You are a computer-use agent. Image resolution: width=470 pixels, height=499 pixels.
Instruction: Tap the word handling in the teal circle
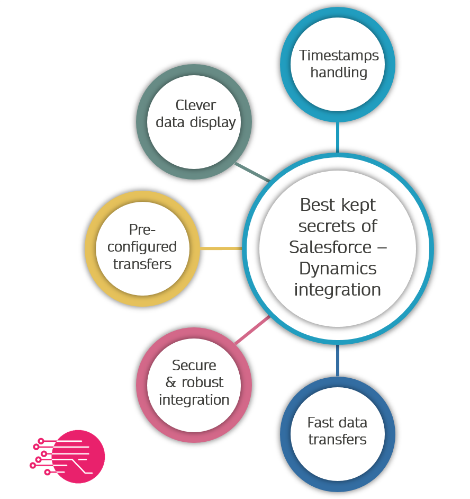(339, 72)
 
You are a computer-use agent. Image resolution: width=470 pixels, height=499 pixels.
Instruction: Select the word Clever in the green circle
(195, 105)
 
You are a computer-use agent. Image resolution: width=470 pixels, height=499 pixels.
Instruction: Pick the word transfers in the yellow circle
(142, 264)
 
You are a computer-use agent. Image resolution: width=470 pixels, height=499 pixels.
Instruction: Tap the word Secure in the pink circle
(194, 365)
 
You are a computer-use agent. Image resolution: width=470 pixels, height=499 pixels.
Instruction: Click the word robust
(202, 382)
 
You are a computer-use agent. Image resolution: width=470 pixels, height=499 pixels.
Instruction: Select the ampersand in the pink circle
(171, 382)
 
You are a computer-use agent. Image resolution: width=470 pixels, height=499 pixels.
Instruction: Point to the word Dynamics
(338, 269)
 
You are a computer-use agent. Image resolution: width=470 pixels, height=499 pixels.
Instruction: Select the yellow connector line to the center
(221, 248)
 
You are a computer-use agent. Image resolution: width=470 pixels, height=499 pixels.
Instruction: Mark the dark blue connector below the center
(337, 360)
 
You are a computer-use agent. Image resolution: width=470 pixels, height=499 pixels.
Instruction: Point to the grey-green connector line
(251, 172)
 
